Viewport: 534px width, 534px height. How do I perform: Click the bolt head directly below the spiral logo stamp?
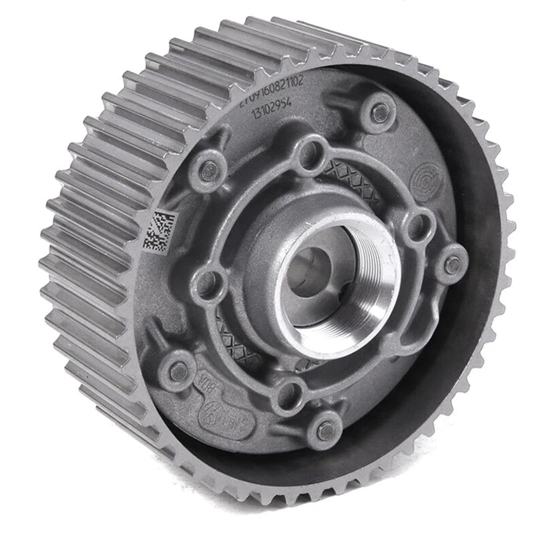[x=453, y=264]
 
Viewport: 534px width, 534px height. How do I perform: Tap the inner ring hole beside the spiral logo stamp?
[x=419, y=227]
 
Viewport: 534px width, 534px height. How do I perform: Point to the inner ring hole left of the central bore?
[x=209, y=283]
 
